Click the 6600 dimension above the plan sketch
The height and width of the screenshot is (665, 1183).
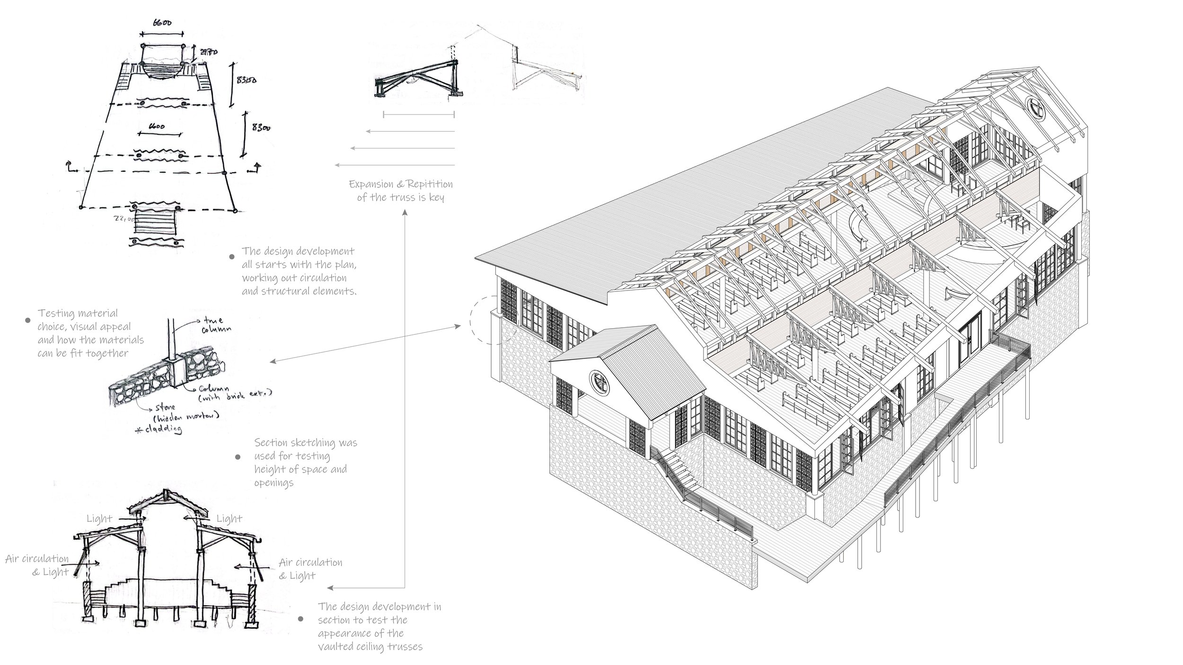pyautogui.click(x=162, y=23)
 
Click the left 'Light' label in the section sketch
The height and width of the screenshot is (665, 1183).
pyautogui.click(x=99, y=519)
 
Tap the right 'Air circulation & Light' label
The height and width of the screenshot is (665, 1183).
pyautogui.click(x=310, y=569)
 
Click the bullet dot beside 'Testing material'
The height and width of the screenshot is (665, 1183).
pyautogui.click(x=27, y=320)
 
